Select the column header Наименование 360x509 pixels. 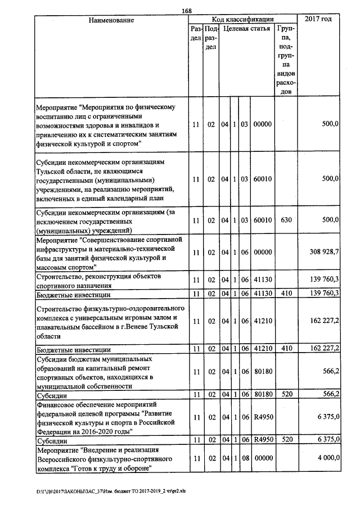[111, 21]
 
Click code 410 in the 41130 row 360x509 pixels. [286, 294]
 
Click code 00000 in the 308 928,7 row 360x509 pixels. [263, 253]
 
